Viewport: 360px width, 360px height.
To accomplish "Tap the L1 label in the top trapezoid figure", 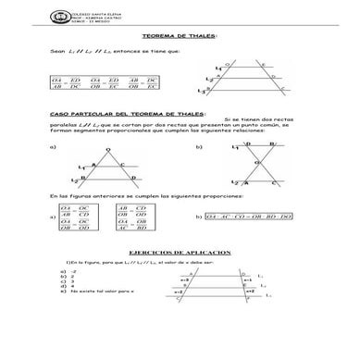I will point(218,68).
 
